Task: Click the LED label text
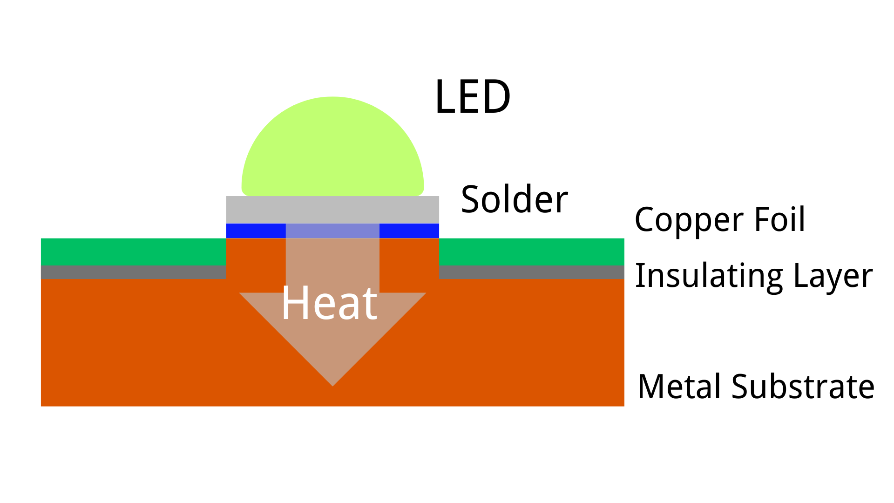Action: pyautogui.click(x=472, y=97)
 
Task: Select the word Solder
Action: pyautogui.click(x=514, y=200)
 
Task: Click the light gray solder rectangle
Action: pyautogui.click(x=332, y=210)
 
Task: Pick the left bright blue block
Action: pyautogui.click(x=256, y=231)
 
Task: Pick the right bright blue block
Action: pyautogui.click(x=409, y=231)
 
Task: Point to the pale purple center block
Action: pyautogui.click(x=332, y=231)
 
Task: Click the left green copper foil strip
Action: pyautogui.click(x=133, y=251)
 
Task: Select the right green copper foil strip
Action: pyautogui.click(x=531, y=251)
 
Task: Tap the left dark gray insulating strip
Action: pyautogui.click(x=133, y=272)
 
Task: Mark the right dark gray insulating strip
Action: pyautogui.click(x=531, y=272)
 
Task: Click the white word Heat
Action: pyautogui.click(x=329, y=304)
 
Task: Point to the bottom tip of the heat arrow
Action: pyautogui.click(x=332, y=383)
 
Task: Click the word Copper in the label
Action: pyautogui.click(x=690, y=220)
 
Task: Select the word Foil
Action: pyautogui.click(x=779, y=219)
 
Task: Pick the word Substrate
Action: pyautogui.click(x=803, y=387)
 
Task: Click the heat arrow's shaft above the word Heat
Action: pyautogui.click(x=332, y=261)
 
